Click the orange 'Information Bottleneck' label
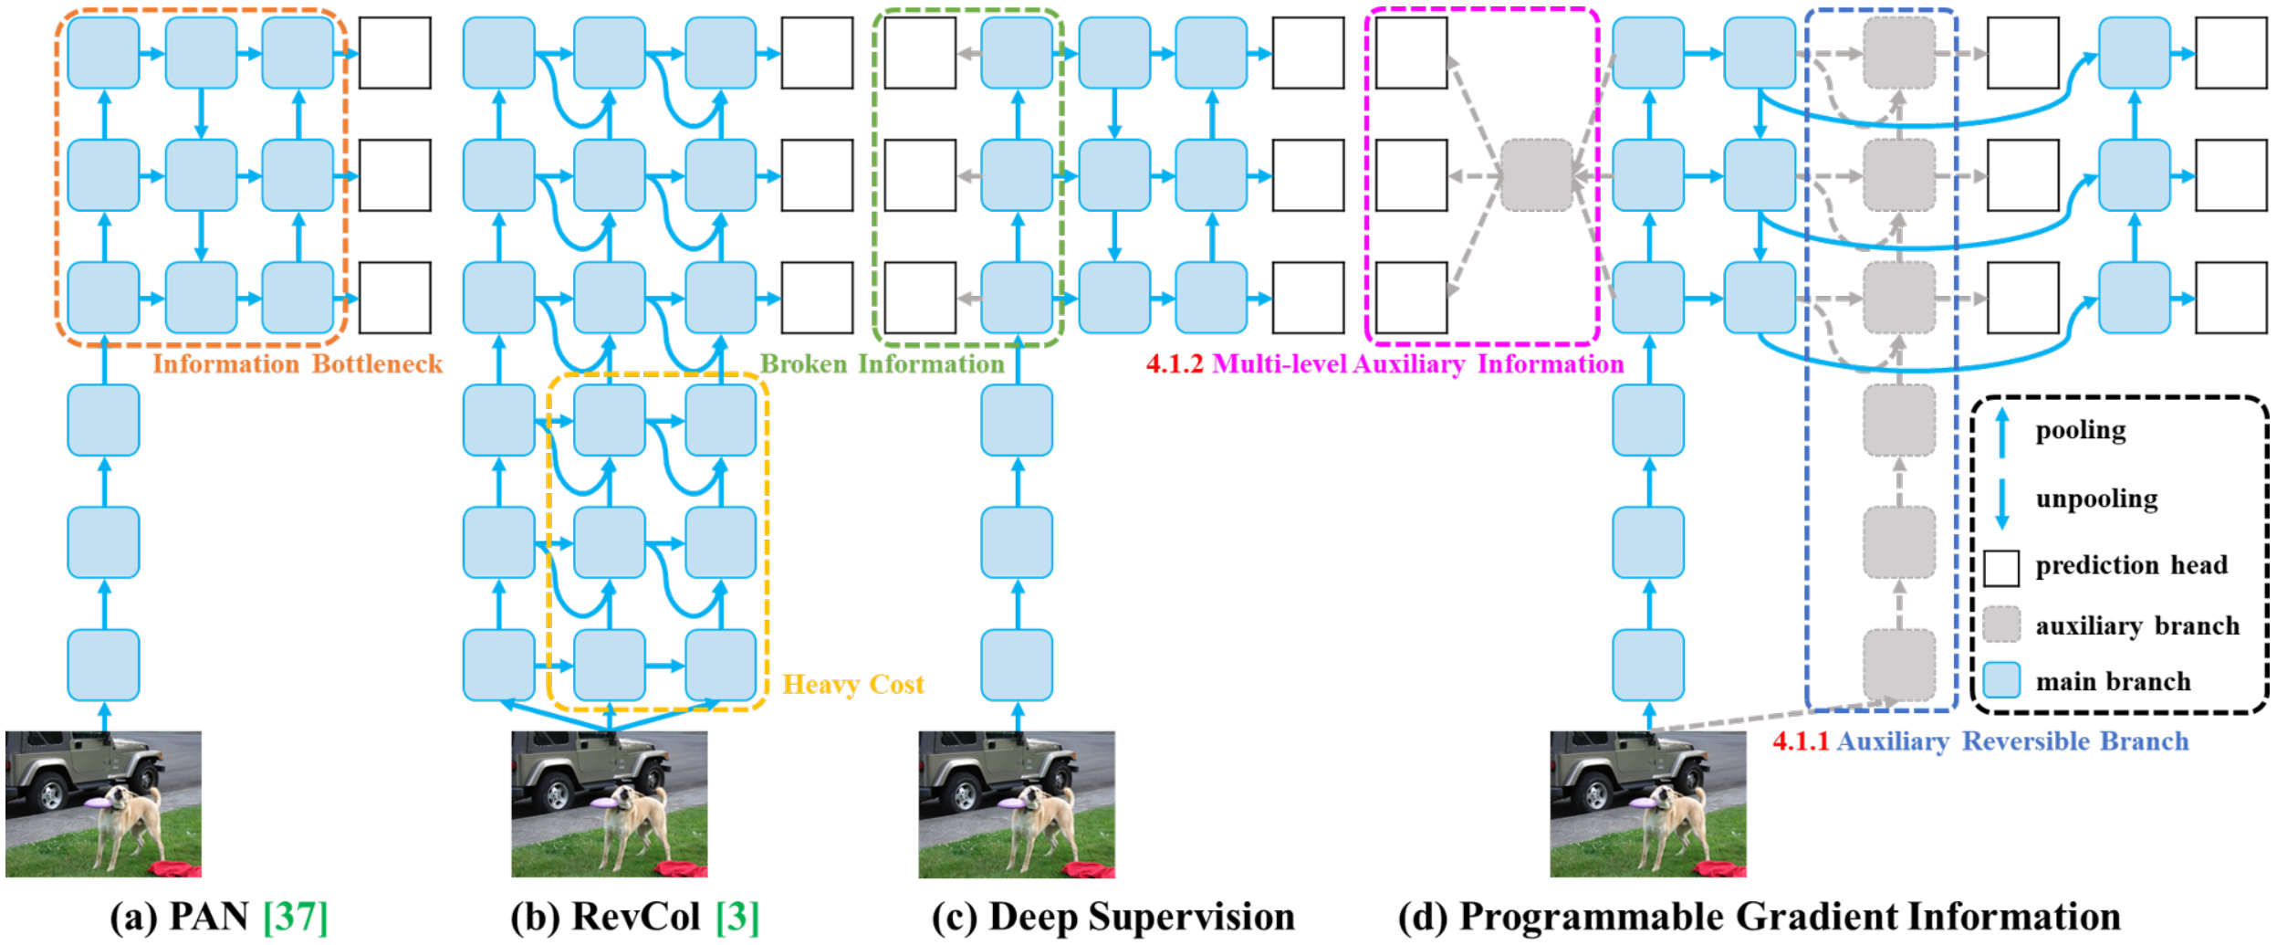point(297,364)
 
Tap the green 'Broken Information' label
point(882,364)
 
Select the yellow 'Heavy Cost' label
point(853,685)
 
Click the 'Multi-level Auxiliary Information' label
point(1417,364)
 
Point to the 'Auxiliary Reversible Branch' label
point(2012,741)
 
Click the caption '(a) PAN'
point(179,917)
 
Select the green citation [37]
point(295,917)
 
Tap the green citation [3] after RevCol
point(737,917)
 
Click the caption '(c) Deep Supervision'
point(1112,917)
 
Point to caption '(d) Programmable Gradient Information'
point(1759,917)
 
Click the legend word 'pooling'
point(2080,430)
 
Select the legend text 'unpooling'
point(2096,499)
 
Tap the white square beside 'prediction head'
point(2001,567)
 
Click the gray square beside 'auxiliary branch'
point(2001,625)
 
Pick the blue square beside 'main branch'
point(2001,681)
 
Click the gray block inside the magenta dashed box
point(1537,174)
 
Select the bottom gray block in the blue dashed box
point(1898,665)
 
